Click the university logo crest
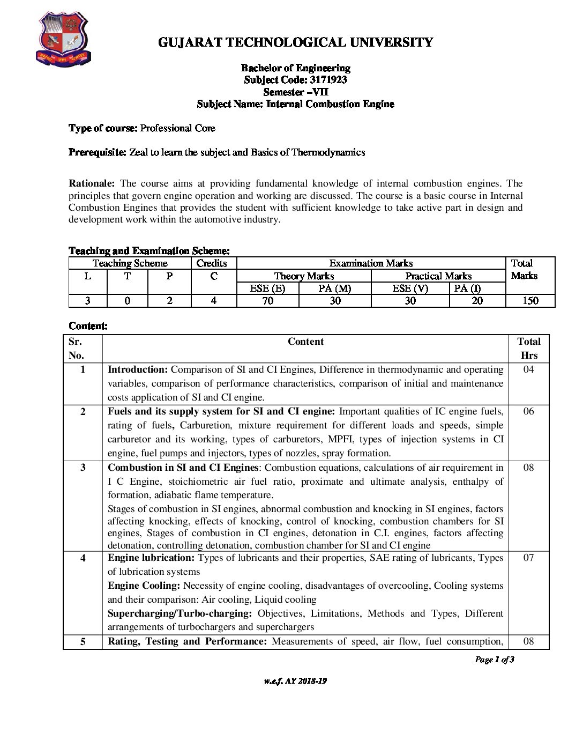[x=63, y=39]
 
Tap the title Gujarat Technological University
[x=295, y=42]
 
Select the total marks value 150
[x=530, y=301]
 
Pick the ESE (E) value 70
[x=267, y=301]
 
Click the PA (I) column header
[x=467, y=288]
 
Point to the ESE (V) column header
[x=410, y=288]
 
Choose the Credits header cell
[x=212, y=263]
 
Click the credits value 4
[x=213, y=301]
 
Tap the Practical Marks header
[x=438, y=276]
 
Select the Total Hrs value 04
[x=528, y=369]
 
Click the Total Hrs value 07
[x=528, y=558]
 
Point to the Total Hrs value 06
[x=528, y=411]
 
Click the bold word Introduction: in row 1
[x=138, y=369]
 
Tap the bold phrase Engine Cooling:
[x=144, y=586]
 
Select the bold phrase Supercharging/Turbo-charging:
[x=180, y=613]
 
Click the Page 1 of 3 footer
[x=495, y=660]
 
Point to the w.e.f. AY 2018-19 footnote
[x=295, y=681]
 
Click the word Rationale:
[x=92, y=183]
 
